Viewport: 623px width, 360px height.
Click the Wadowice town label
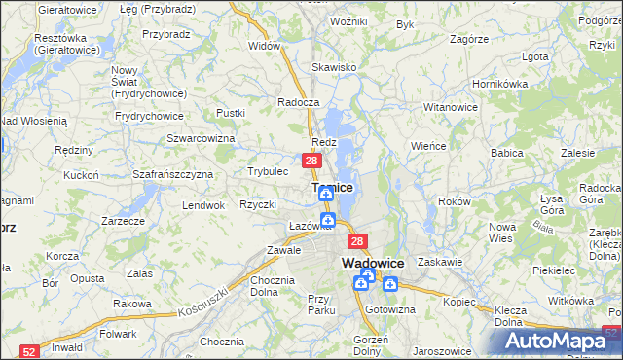373,263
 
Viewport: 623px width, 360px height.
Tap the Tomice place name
332,187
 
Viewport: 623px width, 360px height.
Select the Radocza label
298,102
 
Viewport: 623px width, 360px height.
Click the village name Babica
507,153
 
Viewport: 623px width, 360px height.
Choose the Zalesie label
577,153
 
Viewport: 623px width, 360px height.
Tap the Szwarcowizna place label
202,139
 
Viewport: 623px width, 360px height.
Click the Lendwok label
203,205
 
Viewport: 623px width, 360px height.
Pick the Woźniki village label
348,20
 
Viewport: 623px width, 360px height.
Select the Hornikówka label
498,84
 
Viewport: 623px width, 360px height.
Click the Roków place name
455,200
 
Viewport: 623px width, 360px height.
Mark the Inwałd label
66,346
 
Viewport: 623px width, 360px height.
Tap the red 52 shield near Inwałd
29,352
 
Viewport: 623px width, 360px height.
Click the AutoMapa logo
550,341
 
